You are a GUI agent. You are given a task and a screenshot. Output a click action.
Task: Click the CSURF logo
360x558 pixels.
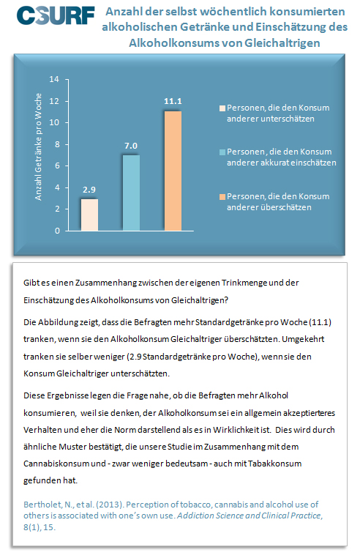[56, 15]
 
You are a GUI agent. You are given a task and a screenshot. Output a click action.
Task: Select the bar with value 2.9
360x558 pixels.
[90, 215]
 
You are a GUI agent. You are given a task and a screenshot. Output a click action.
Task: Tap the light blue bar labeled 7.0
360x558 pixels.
[131, 193]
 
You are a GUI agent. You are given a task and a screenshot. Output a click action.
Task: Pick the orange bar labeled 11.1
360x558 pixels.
[173, 171]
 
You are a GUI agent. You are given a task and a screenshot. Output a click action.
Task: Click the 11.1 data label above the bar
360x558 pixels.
[173, 101]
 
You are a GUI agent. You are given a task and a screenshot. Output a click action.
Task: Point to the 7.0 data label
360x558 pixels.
[131, 146]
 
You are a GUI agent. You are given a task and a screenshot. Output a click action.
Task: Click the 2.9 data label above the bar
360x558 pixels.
[89, 190]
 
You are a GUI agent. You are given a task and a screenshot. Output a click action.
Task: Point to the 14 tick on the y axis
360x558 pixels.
[54, 79]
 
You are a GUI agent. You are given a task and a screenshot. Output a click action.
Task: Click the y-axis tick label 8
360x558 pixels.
[57, 144]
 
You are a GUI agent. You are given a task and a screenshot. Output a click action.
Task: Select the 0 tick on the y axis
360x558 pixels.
[57, 231]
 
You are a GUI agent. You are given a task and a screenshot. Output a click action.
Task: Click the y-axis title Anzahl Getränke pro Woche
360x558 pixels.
[38, 146]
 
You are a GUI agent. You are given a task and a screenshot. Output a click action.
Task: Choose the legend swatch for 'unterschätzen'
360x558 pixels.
[222, 108]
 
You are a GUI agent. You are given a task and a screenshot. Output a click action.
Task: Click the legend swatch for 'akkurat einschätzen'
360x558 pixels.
[222, 152]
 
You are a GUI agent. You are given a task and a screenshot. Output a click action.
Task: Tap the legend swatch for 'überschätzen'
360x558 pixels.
[222, 197]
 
